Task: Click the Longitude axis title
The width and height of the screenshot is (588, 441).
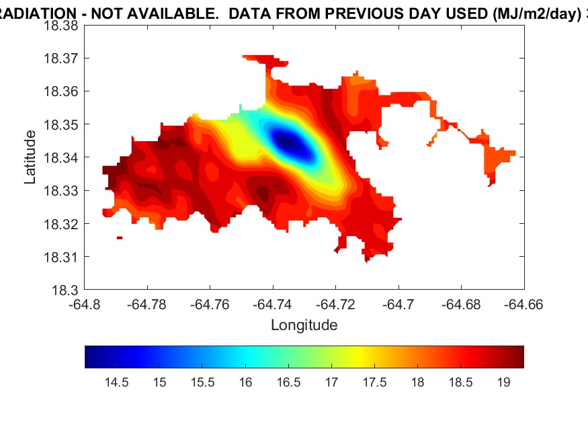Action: click(x=304, y=325)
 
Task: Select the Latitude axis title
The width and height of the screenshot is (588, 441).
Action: click(x=30, y=158)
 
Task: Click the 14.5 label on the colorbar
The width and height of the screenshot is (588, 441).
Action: click(x=116, y=383)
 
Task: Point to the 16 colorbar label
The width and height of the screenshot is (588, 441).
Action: click(x=245, y=383)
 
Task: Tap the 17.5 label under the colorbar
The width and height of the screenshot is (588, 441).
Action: click(x=374, y=383)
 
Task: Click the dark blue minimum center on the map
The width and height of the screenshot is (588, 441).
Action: click(x=287, y=142)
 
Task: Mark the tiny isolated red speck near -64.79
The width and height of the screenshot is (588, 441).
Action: click(x=120, y=237)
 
